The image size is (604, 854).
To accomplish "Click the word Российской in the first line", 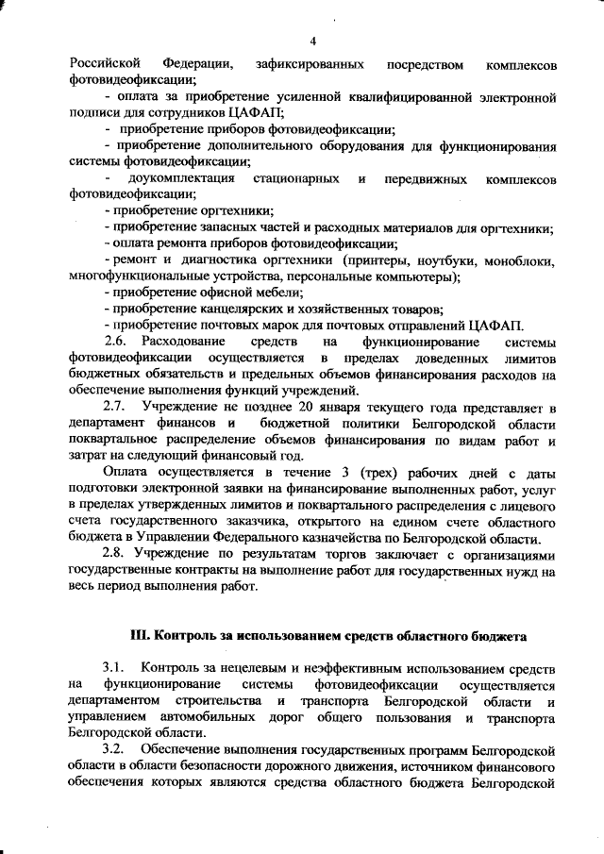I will point(99,64).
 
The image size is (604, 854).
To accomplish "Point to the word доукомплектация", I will point(182,178).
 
